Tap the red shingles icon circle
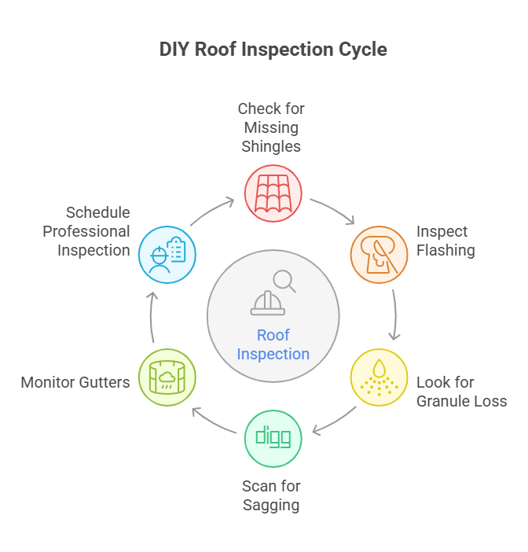pyautogui.click(x=273, y=193)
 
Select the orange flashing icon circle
pyautogui.click(x=378, y=254)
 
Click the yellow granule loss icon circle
pyautogui.click(x=378, y=377)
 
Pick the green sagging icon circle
pyautogui.click(x=273, y=438)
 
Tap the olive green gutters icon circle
pyautogui.click(x=167, y=377)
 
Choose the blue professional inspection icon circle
pyautogui.click(x=167, y=254)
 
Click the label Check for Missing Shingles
pyautogui.click(x=271, y=127)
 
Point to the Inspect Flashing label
pyautogui.click(x=445, y=241)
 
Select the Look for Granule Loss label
pyautogui.click(x=461, y=392)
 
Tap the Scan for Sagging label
pyautogui.click(x=271, y=496)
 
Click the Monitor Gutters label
pyautogui.click(x=75, y=383)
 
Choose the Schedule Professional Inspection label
pyautogui.click(x=86, y=232)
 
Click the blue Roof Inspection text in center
pyautogui.click(x=273, y=344)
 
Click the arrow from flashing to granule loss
pyautogui.click(x=394, y=315)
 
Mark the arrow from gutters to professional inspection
pyautogui.click(x=153, y=316)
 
